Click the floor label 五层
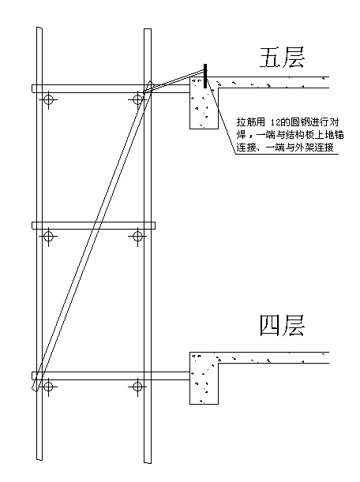(x=282, y=57)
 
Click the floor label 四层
(x=282, y=325)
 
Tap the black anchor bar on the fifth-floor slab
(x=205, y=76)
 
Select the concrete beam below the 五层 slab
(x=204, y=103)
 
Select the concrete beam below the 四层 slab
(x=204, y=378)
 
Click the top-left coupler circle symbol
(x=48, y=99)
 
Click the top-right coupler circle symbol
(x=137, y=99)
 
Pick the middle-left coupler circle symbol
(x=48, y=236)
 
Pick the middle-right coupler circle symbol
(x=137, y=236)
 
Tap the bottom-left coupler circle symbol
(x=48, y=386)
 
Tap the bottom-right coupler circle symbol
(x=137, y=386)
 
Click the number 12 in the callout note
(x=276, y=122)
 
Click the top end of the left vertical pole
(x=39, y=28)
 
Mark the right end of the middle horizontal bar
(x=155, y=226)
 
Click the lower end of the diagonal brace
(x=35, y=389)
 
